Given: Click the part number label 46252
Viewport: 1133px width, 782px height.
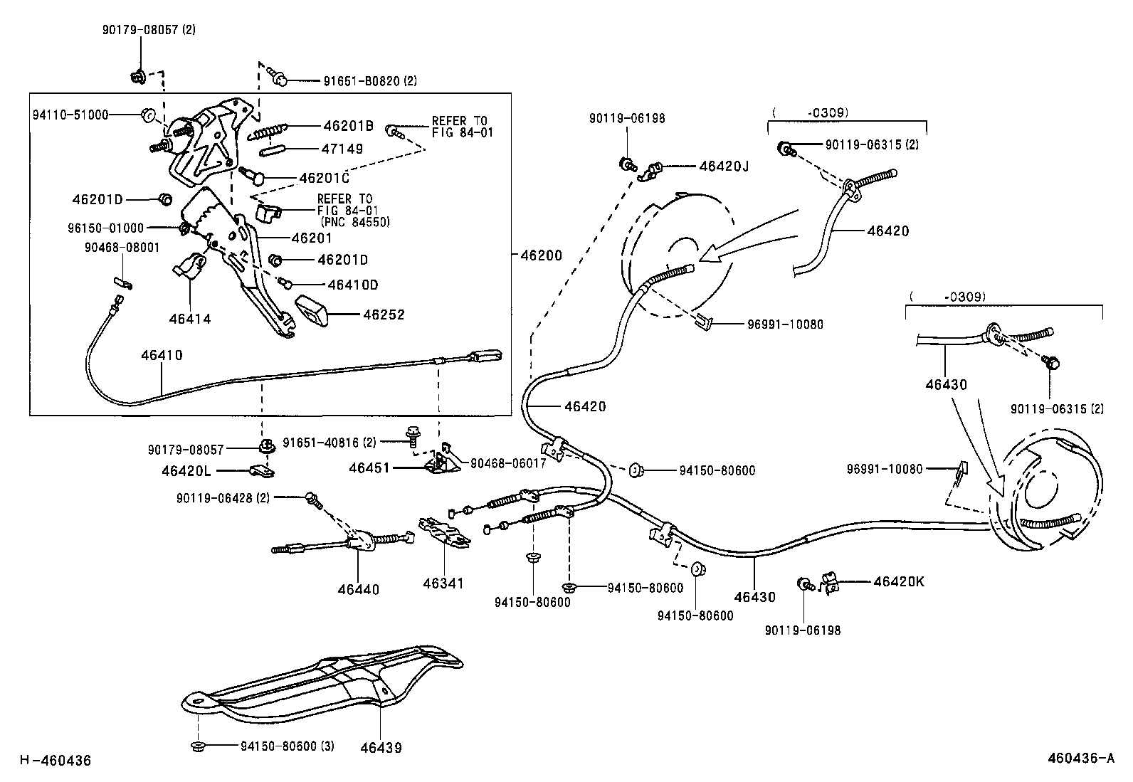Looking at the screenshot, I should click(384, 314).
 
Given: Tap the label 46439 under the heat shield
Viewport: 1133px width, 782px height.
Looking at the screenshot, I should click(381, 747).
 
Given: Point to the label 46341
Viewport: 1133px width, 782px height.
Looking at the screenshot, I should click(443, 583).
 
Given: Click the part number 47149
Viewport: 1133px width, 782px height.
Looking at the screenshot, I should click(343, 149).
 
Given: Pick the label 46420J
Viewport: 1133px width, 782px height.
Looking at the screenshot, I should click(724, 167).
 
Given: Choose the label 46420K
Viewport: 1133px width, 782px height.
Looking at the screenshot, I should click(898, 581).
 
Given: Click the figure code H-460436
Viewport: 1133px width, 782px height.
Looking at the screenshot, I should click(56, 761).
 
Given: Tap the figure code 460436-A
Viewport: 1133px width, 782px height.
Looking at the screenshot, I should click(1080, 758).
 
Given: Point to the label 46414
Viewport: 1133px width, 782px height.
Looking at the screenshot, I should click(190, 319).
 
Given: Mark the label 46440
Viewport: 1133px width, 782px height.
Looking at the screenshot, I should click(359, 589).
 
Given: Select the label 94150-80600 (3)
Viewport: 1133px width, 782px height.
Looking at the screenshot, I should click(287, 746).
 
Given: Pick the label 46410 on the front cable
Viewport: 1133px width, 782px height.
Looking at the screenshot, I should click(162, 354).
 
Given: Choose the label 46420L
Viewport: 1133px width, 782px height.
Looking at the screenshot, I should click(186, 470).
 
